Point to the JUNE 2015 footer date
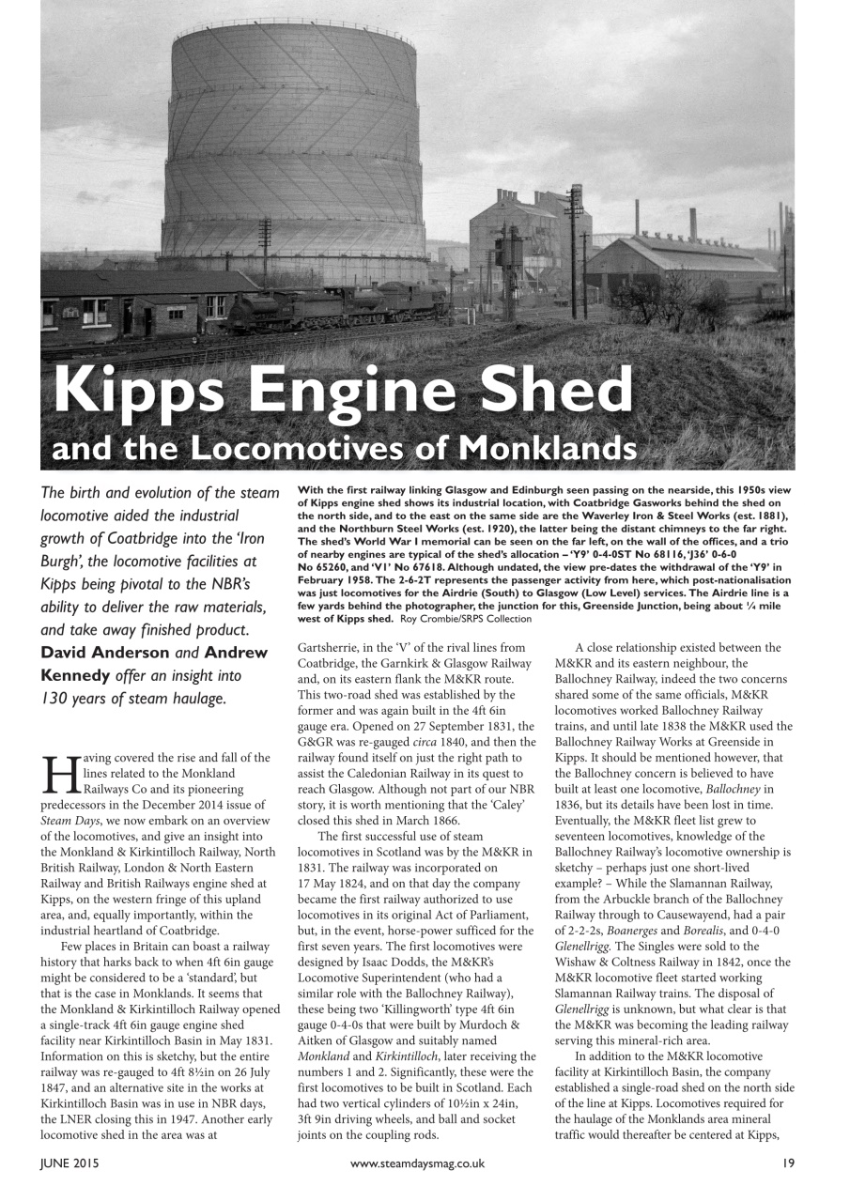(69, 1163)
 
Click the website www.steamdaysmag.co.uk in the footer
(417, 1163)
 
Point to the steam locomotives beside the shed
(338, 305)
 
